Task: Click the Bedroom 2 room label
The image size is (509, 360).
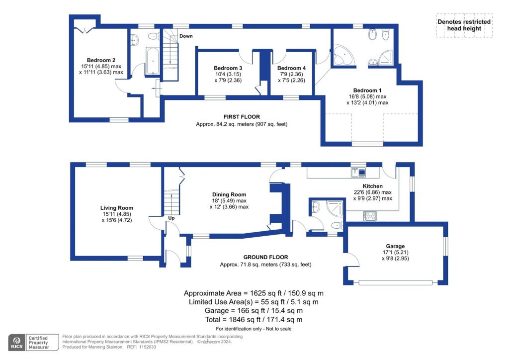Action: click(101, 60)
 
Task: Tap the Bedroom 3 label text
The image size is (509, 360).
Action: click(228, 68)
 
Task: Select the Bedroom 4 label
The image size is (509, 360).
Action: click(291, 68)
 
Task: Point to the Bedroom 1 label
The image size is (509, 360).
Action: click(367, 90)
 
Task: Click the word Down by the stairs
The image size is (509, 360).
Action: click(186, 36)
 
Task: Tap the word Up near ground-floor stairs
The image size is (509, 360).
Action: click(171, 218)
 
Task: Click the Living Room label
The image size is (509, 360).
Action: click(116, 208)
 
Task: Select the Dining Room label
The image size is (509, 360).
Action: click(229, 195)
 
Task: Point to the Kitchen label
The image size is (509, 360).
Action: click(373, 186)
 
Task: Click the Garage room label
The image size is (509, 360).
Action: click(395, 247)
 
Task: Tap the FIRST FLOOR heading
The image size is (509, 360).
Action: click(242, 117)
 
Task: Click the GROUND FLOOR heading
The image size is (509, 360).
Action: click(265, 257)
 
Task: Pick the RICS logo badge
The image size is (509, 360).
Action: click(17, 343)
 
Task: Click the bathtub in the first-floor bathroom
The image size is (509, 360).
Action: click(152, 61)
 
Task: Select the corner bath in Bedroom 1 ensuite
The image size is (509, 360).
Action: click(343, 55)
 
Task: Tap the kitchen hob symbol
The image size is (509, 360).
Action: click(370, 216)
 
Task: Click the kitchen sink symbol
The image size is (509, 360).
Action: click(358, 173)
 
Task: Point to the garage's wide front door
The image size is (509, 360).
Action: click(395, 283)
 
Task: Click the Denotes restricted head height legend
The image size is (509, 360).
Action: click(464, 25)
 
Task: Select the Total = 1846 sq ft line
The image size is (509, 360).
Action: click(254, 320)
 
